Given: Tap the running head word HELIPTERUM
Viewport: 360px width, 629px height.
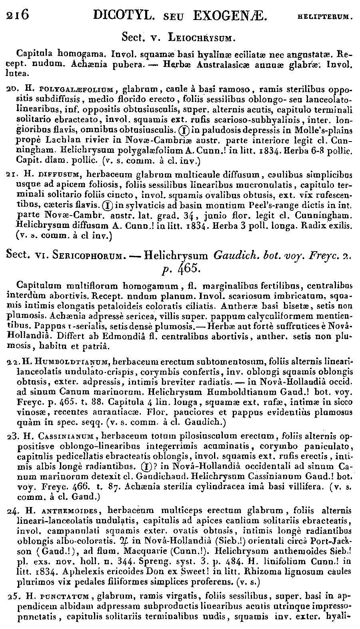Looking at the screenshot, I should click(325, 17).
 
